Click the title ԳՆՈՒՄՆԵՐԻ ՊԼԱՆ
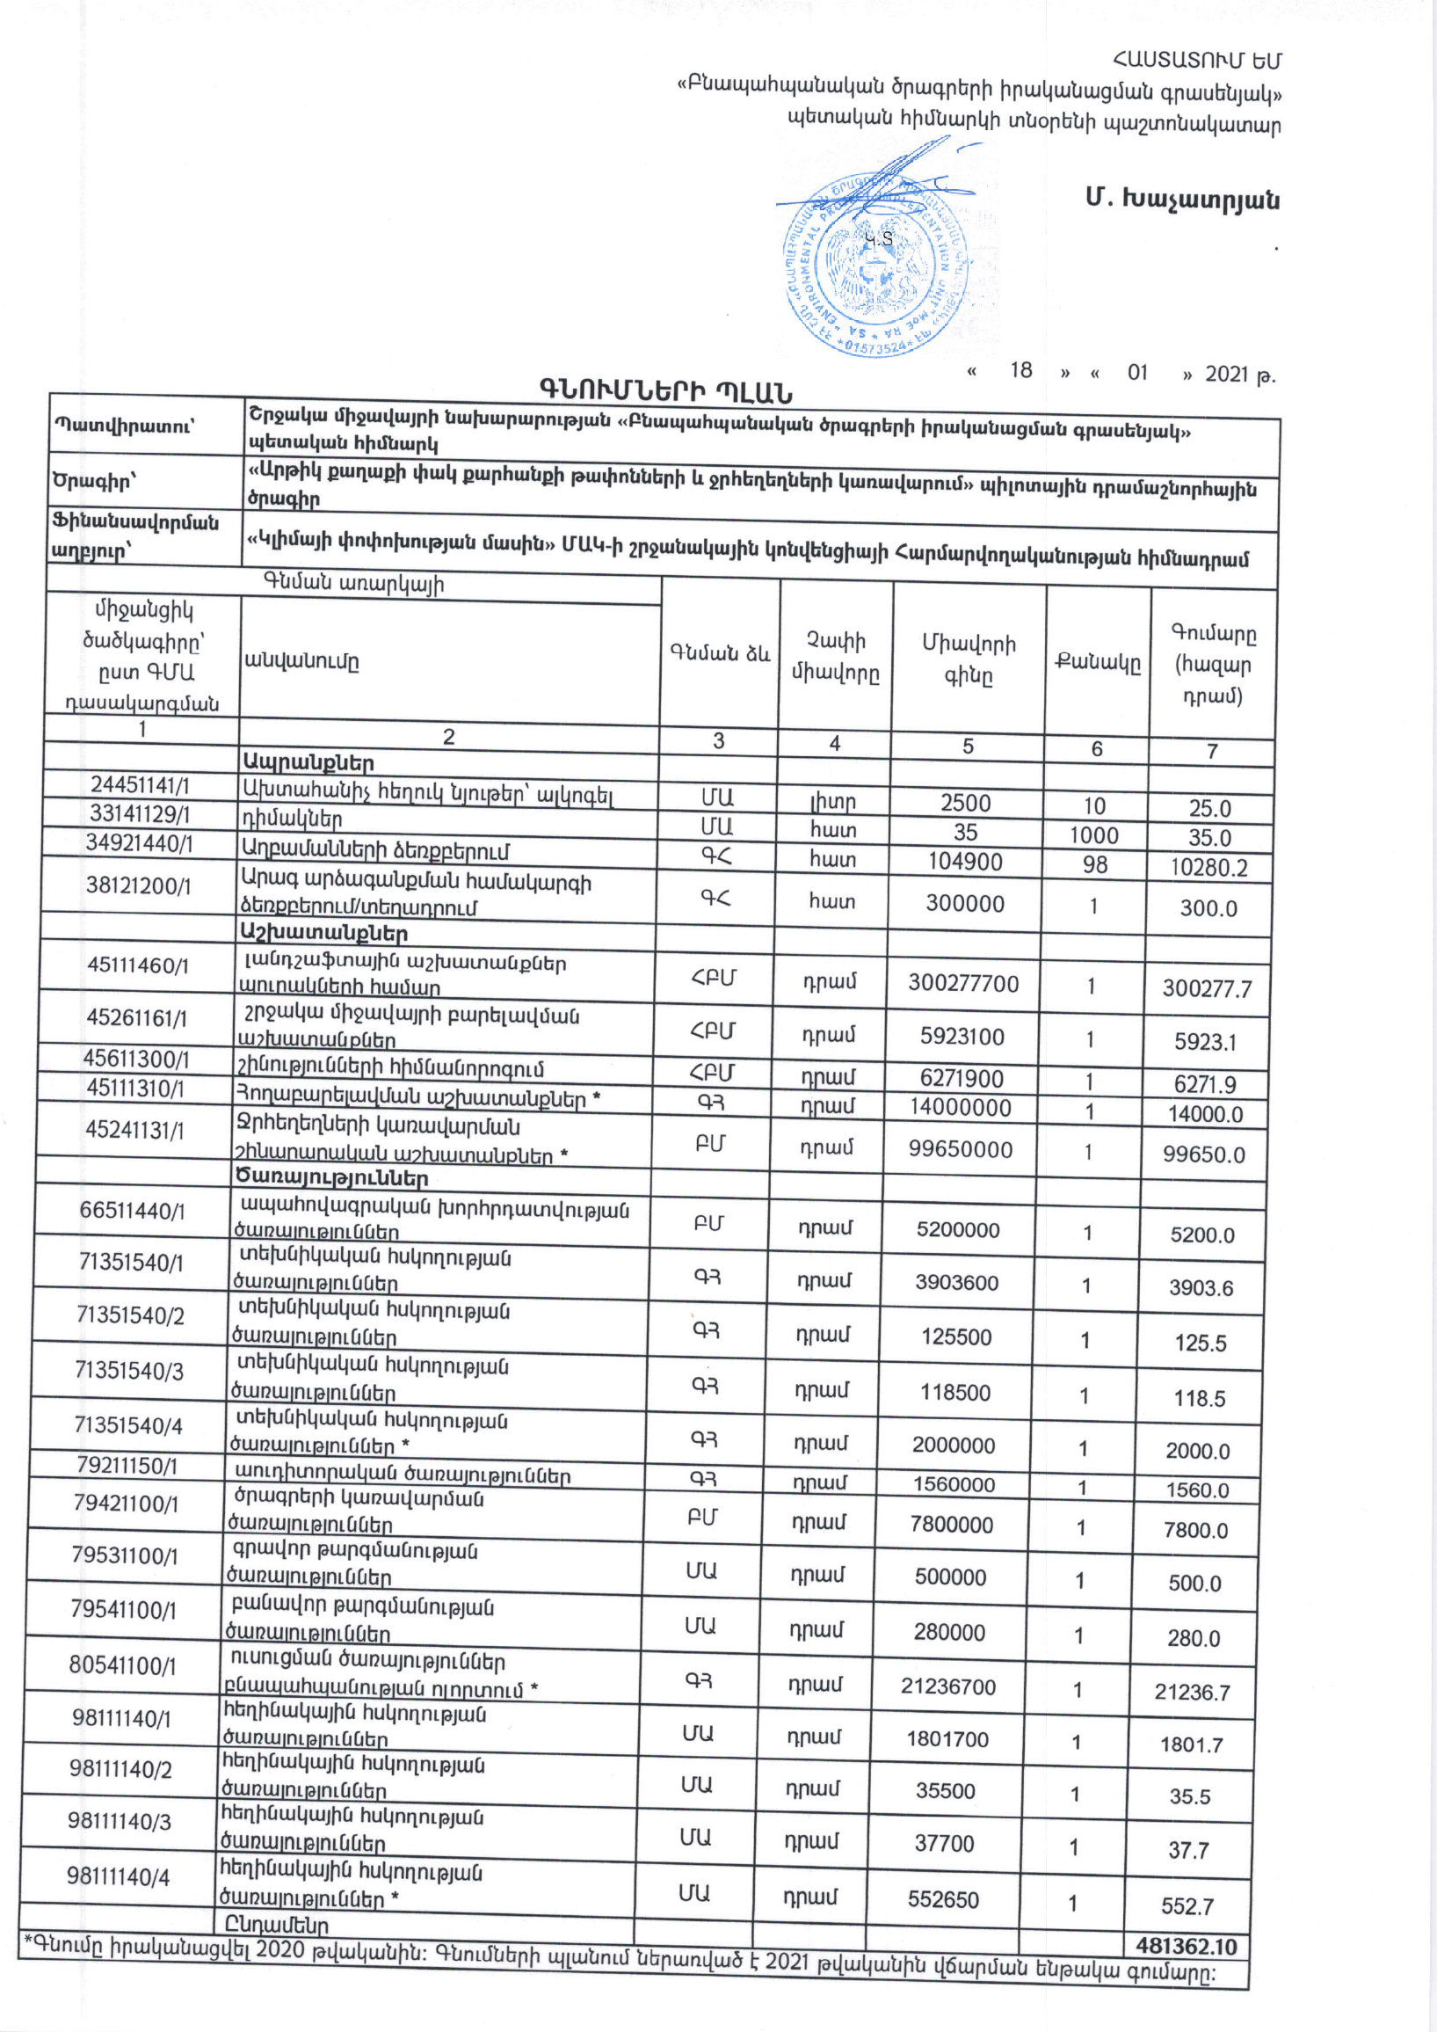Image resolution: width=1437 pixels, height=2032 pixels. [665, 390]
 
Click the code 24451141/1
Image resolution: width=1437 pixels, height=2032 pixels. [140, 785]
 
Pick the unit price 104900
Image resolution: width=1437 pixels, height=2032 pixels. [964, 861]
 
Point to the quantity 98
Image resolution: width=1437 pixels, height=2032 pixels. [1094, 864]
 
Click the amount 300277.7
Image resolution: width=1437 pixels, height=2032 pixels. [1207, 987]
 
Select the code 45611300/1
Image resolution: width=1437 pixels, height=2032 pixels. [136, 1059]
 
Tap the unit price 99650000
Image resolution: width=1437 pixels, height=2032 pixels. [960, 1149]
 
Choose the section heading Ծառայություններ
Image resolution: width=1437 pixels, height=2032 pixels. [332, 1178]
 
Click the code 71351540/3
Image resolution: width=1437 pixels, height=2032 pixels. [129, 1371]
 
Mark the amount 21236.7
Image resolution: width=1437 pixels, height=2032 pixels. [1192, 1692]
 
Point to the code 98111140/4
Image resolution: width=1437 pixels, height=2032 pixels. [119, 1876]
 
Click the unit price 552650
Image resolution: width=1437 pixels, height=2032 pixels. [943, 1899]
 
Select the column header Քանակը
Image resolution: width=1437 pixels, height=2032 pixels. [1097, 662]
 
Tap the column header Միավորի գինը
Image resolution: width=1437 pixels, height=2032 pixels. [968, 659]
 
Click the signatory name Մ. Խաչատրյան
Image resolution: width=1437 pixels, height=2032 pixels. [1182, 199]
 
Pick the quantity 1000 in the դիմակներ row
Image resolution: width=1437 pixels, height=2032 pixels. [1094, 835]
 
